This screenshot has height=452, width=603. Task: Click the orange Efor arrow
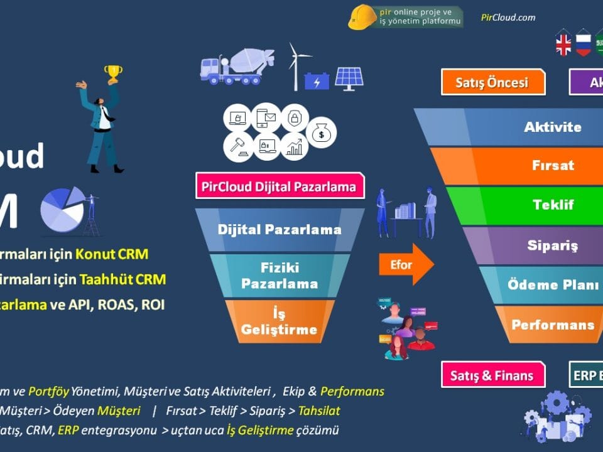point(406,264)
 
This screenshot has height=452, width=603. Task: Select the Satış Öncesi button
point(492,82)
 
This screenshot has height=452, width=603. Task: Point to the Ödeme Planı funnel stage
point(553,284)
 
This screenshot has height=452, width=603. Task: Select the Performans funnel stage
point(553,325)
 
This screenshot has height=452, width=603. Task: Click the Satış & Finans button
point(492,375)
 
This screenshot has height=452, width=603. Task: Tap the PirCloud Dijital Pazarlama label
point(280,186)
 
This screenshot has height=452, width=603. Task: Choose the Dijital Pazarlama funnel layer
point(280,229)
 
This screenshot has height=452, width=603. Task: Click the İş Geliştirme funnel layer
point(280,321)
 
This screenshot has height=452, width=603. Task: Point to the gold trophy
point(113,73)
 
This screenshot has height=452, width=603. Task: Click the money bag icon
point(322,132)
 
